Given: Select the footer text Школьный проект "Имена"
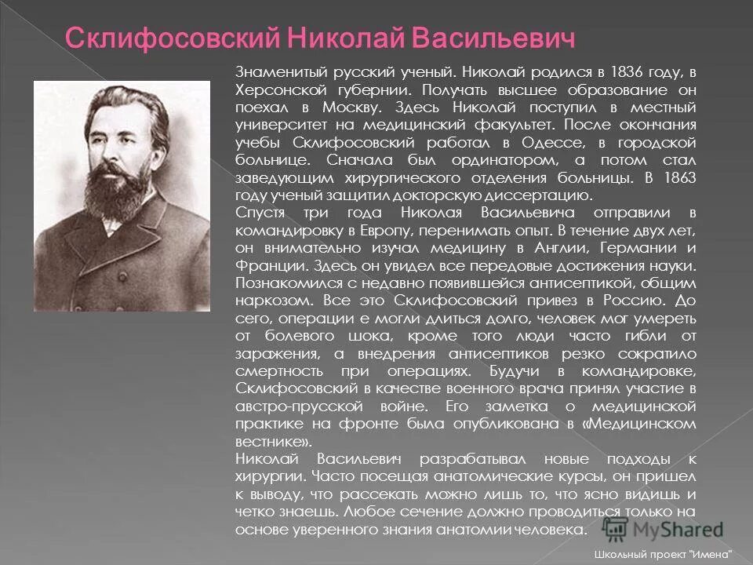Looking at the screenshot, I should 668,554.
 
